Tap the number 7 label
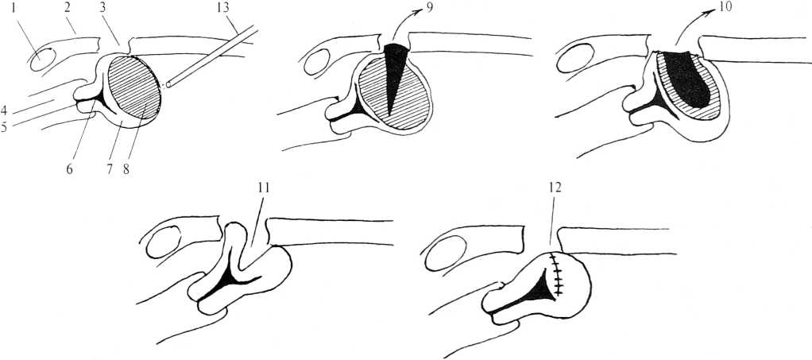tap(110, 168)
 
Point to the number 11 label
tap(264, 188)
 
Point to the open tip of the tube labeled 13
tap(168, 84)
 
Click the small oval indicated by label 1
tap(43, 60)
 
